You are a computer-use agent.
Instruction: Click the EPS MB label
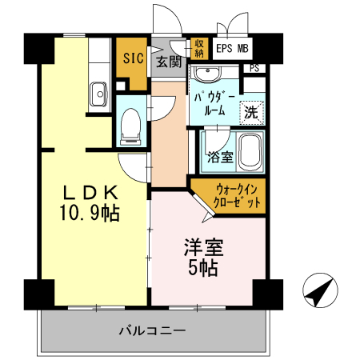pos(233,49)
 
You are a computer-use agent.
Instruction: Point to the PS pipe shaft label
pos(255,69)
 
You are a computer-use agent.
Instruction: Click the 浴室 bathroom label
pos(219,157)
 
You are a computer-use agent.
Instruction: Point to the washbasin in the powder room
pos(210,77)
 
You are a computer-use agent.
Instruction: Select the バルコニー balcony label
pos(152,330)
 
